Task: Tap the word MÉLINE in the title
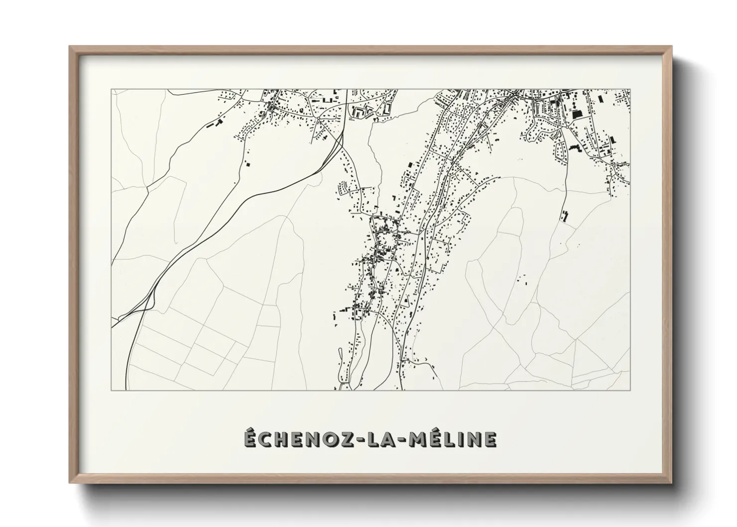[453, 439]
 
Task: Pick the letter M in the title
[416, 439]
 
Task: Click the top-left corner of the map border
[112, 90]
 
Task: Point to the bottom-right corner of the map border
[630, 390]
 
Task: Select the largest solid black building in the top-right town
[577, 114]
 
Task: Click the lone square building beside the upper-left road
[248, 163]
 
